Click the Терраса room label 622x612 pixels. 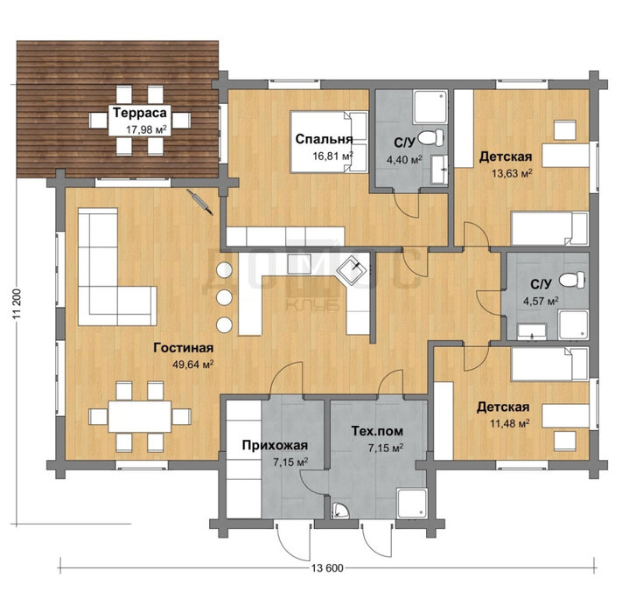tap(140, 113)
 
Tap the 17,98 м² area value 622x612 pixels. tap(146, 129)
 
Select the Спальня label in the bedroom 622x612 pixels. tap(324, 139)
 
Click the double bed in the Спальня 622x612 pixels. tap(329, 142)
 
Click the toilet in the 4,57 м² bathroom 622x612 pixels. tap(572, 280)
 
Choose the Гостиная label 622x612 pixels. tap(183, 348)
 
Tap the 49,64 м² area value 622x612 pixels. tap(193, 365)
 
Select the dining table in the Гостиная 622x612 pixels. tap(140, 416)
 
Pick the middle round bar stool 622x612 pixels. tap(224, 297)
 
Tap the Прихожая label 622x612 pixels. tap(275, 445)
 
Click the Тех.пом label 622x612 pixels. tap(377, 430)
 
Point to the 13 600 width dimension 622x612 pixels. tap(327, 568)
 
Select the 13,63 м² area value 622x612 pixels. tap(512, 173)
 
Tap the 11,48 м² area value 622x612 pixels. tap(510, 424)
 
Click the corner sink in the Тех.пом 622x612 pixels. tap(340, 511)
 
